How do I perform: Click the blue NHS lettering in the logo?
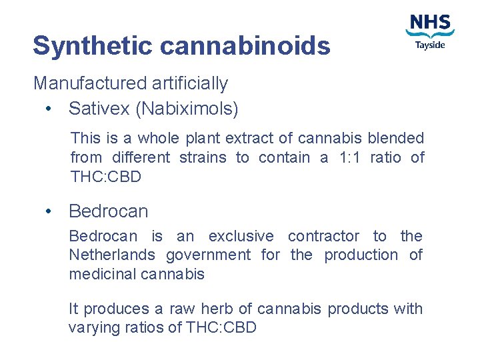tap(430, 23)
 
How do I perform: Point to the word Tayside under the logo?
tap(430, 45)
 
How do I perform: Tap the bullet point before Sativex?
tap(49, 108)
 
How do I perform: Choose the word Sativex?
tap(99, 108)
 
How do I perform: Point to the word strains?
tap(207, 157)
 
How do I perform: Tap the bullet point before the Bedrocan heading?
tap(49, 211)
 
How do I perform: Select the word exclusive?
tap(241, 236)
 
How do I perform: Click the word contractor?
tap(325, 236)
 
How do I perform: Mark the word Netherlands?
tap(112, 255)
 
